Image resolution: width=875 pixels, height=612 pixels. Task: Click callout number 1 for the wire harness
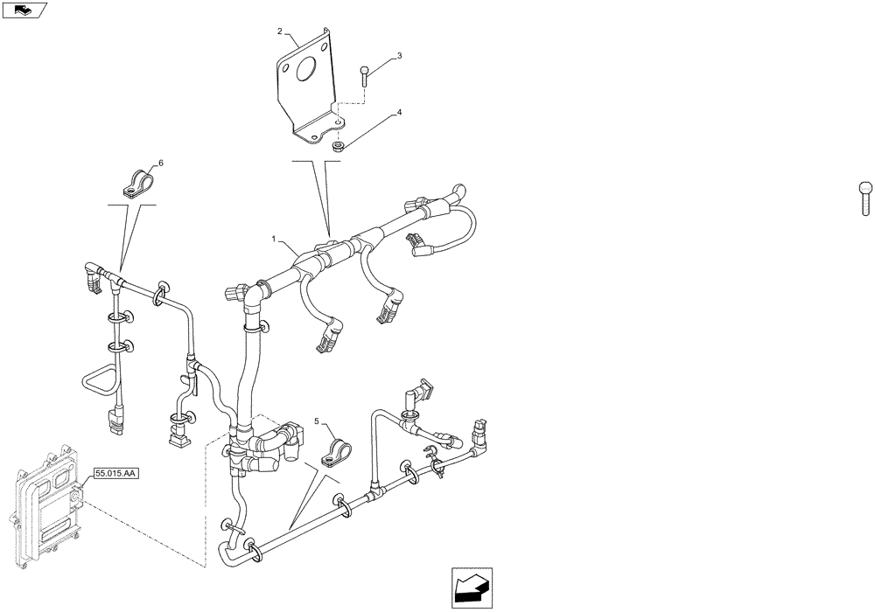point(274,238)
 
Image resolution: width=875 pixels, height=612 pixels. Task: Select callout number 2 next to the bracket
point(280,31)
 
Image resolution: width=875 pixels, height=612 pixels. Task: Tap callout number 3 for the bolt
point(399,56)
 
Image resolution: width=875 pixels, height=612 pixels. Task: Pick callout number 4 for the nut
point(399,113)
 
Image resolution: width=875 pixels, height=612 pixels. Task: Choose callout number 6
point(160,163)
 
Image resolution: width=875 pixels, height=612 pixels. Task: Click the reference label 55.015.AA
point(115,473)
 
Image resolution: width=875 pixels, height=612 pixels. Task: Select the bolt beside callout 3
point(364,74)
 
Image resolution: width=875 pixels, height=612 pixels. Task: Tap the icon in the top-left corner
point(24,10)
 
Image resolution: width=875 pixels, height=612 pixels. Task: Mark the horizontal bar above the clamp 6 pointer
point(131,205)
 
